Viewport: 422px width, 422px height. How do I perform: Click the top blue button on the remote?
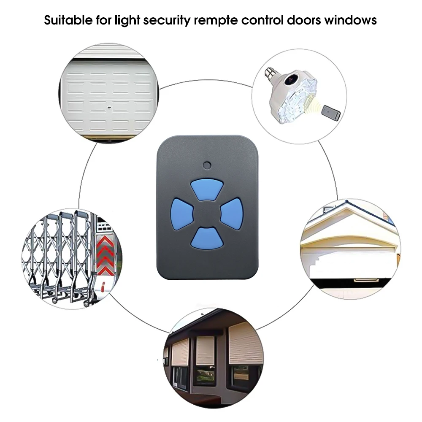[207, 189]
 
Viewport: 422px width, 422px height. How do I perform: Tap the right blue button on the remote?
[232, 214]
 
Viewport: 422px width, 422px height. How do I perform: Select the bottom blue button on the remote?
[207, 238]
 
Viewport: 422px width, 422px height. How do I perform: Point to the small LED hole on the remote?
[207, 165]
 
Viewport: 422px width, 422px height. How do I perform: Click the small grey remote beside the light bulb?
[331, 113]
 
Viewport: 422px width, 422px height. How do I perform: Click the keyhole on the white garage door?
[109, 108]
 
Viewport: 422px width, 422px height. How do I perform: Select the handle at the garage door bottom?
[366, 281]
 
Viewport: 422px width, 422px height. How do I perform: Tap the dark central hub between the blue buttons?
[207, 214]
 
